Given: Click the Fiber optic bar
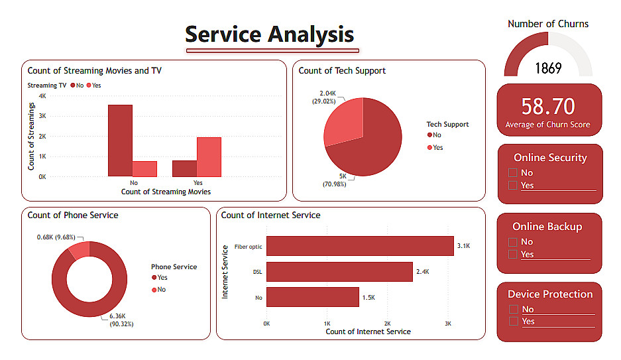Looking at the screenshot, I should coord(360,246).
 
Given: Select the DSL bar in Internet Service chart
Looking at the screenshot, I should coord(339,272).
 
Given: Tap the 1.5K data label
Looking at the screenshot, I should coord(368,298).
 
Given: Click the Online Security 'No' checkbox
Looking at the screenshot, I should coord(512,173).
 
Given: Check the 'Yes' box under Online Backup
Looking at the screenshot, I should coord(512,254).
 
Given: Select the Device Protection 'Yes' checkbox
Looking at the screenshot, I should coord(512,322).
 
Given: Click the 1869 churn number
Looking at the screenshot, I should coord(548,68).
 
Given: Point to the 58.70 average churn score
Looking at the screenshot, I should coord(548,106).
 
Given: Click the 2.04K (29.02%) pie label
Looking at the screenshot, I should coord(327,97).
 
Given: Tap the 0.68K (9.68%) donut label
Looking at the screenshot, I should coord(56,237).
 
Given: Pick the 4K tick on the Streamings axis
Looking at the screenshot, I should coord(42,96).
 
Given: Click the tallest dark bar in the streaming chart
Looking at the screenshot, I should coord(120,141).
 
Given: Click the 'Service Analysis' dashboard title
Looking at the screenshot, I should coord(269,34).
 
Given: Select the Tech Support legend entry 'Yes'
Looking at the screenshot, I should coord(434,147).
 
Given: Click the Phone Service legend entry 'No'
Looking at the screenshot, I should coord(158,290).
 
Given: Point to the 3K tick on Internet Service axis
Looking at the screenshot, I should coord(448,324).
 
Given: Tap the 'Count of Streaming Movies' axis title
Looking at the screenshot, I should coord(166,192).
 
